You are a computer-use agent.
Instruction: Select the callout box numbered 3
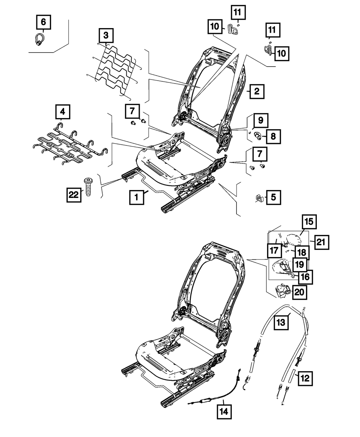coord(105,35)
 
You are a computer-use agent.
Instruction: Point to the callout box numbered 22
coord(74,195)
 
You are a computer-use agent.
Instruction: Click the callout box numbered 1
coord(136,197)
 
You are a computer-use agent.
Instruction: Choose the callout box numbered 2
coord(256,91)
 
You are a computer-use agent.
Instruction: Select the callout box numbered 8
coord(273,136)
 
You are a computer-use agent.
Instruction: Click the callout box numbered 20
coord(300,292)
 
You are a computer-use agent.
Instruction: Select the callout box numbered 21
coord(321,243)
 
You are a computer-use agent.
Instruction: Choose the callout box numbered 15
coord(309,222)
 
